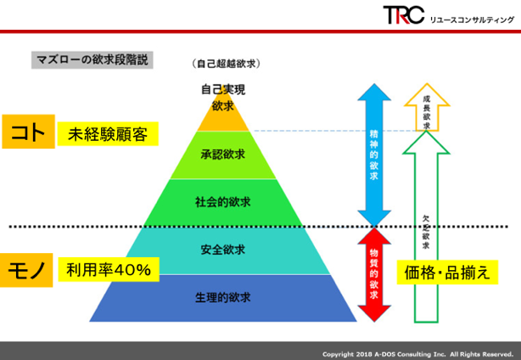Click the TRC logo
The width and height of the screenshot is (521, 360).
pyautogui.click(x=404, y=15)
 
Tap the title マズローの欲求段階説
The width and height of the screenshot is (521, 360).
pyautogui.click(x=92, y=60)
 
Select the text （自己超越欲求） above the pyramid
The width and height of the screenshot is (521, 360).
pyautogui.click(x=226, y=63)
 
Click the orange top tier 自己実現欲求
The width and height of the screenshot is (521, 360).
pyautogui.click(x=223, y=113)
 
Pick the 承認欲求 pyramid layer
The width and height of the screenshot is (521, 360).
pyautogui.click(x=223, y=155)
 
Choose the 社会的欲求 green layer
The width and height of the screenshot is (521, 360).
pyautogui.click(x=223, y=203)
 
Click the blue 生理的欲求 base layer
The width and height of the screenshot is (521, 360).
pyautogui.click(x=223, y=298)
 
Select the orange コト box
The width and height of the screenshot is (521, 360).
pyautogui.click(x=28, y=132)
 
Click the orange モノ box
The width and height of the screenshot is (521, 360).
pyautogui.click(x=26, y=270)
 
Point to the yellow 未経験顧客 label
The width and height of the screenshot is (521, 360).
pyautogui.click(x=108, y=134)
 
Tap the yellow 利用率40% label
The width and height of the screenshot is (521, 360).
pyautogui.click(x=109, y=270)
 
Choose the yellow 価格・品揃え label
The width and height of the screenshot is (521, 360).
pyautogui.click(x=447, y=273)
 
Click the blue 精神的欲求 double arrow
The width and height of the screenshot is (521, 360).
pyautogui.click(x=374, y=155)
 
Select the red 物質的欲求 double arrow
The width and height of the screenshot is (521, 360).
pyautogui.click(x=374, y=275)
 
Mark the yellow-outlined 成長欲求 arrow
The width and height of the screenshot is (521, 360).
pyautogui.click(x=427, y=107)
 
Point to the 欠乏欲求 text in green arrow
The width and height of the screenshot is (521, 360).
pyautogui.click(x=426, y=232)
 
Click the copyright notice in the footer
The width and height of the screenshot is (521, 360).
pyautogui.click(x=417, y=354)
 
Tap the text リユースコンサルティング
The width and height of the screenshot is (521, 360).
pyautogui.click(x=472, y=20)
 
